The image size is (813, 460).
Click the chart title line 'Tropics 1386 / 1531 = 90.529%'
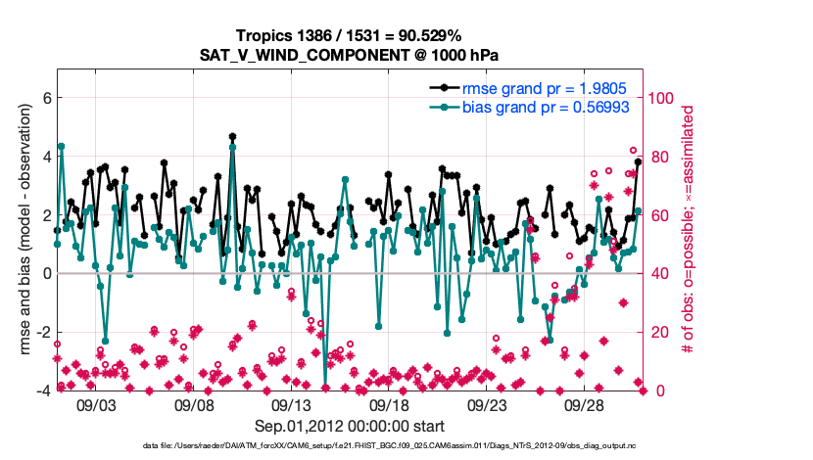(352, 35)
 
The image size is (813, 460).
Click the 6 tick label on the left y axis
(45, 98)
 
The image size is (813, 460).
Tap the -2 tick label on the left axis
(42, 333)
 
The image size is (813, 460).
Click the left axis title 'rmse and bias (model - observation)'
(23, 230)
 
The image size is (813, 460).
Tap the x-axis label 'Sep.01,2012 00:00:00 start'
(350, 426)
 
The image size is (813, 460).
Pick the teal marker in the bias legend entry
(445, 107)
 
